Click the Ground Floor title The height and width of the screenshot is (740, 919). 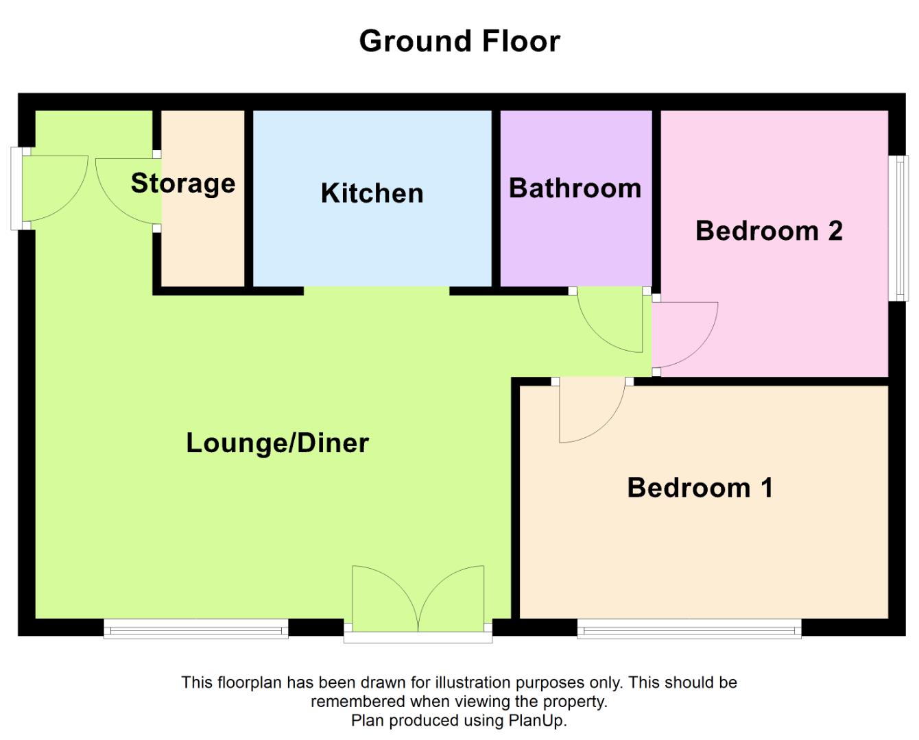[459, 41]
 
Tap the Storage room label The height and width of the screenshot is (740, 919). [183, 184]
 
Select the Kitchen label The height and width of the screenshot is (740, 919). [372, 193]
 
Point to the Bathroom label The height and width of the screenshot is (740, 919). [575, 188]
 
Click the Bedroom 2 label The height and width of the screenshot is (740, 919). [769, 231]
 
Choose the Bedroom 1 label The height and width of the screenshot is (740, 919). [700, 487]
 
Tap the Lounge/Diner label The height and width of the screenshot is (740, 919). [278, 443]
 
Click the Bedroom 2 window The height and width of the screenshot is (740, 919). [898, 228]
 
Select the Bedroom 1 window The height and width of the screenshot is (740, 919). [689, 628]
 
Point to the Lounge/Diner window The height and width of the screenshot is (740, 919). [196, 628]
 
